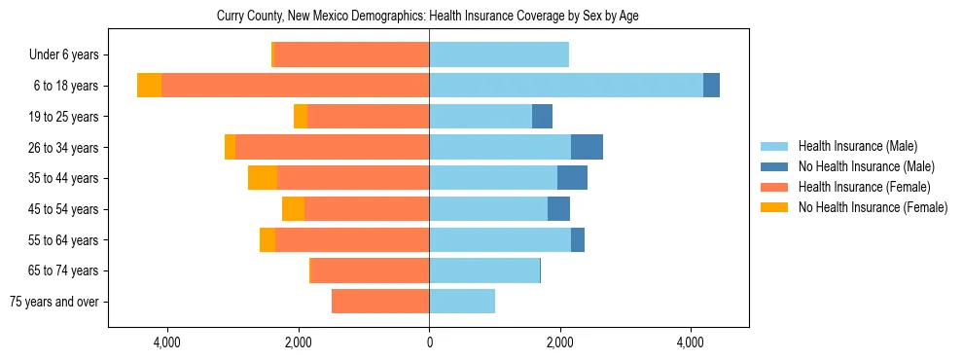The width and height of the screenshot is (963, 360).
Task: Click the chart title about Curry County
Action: pos(427,17)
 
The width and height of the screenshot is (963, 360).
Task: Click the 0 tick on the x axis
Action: pos(429,342)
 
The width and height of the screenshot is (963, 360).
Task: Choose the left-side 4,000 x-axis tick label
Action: pos(167,342)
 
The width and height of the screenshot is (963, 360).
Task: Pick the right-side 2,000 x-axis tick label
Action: pos(559,342)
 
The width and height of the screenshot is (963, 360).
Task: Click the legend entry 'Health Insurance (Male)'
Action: pos(857,146)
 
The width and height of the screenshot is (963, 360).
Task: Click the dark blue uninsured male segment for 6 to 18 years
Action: pos(711,86)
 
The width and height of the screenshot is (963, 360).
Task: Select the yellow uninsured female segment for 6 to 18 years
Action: pos(149,86)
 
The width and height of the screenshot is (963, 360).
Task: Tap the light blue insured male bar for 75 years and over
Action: pos(462,302)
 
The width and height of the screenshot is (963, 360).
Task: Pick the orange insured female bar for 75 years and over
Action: pos(380,302)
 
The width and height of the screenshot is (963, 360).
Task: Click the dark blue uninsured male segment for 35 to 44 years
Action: pos(572,178)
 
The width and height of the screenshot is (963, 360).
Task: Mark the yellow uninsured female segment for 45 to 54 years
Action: pos(293,209)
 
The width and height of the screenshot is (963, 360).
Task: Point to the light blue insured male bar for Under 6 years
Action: pos(499,55)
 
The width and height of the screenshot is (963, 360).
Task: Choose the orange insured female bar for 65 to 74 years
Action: pos(370,270)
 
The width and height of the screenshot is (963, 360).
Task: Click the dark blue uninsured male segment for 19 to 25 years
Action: pos(542,117)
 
